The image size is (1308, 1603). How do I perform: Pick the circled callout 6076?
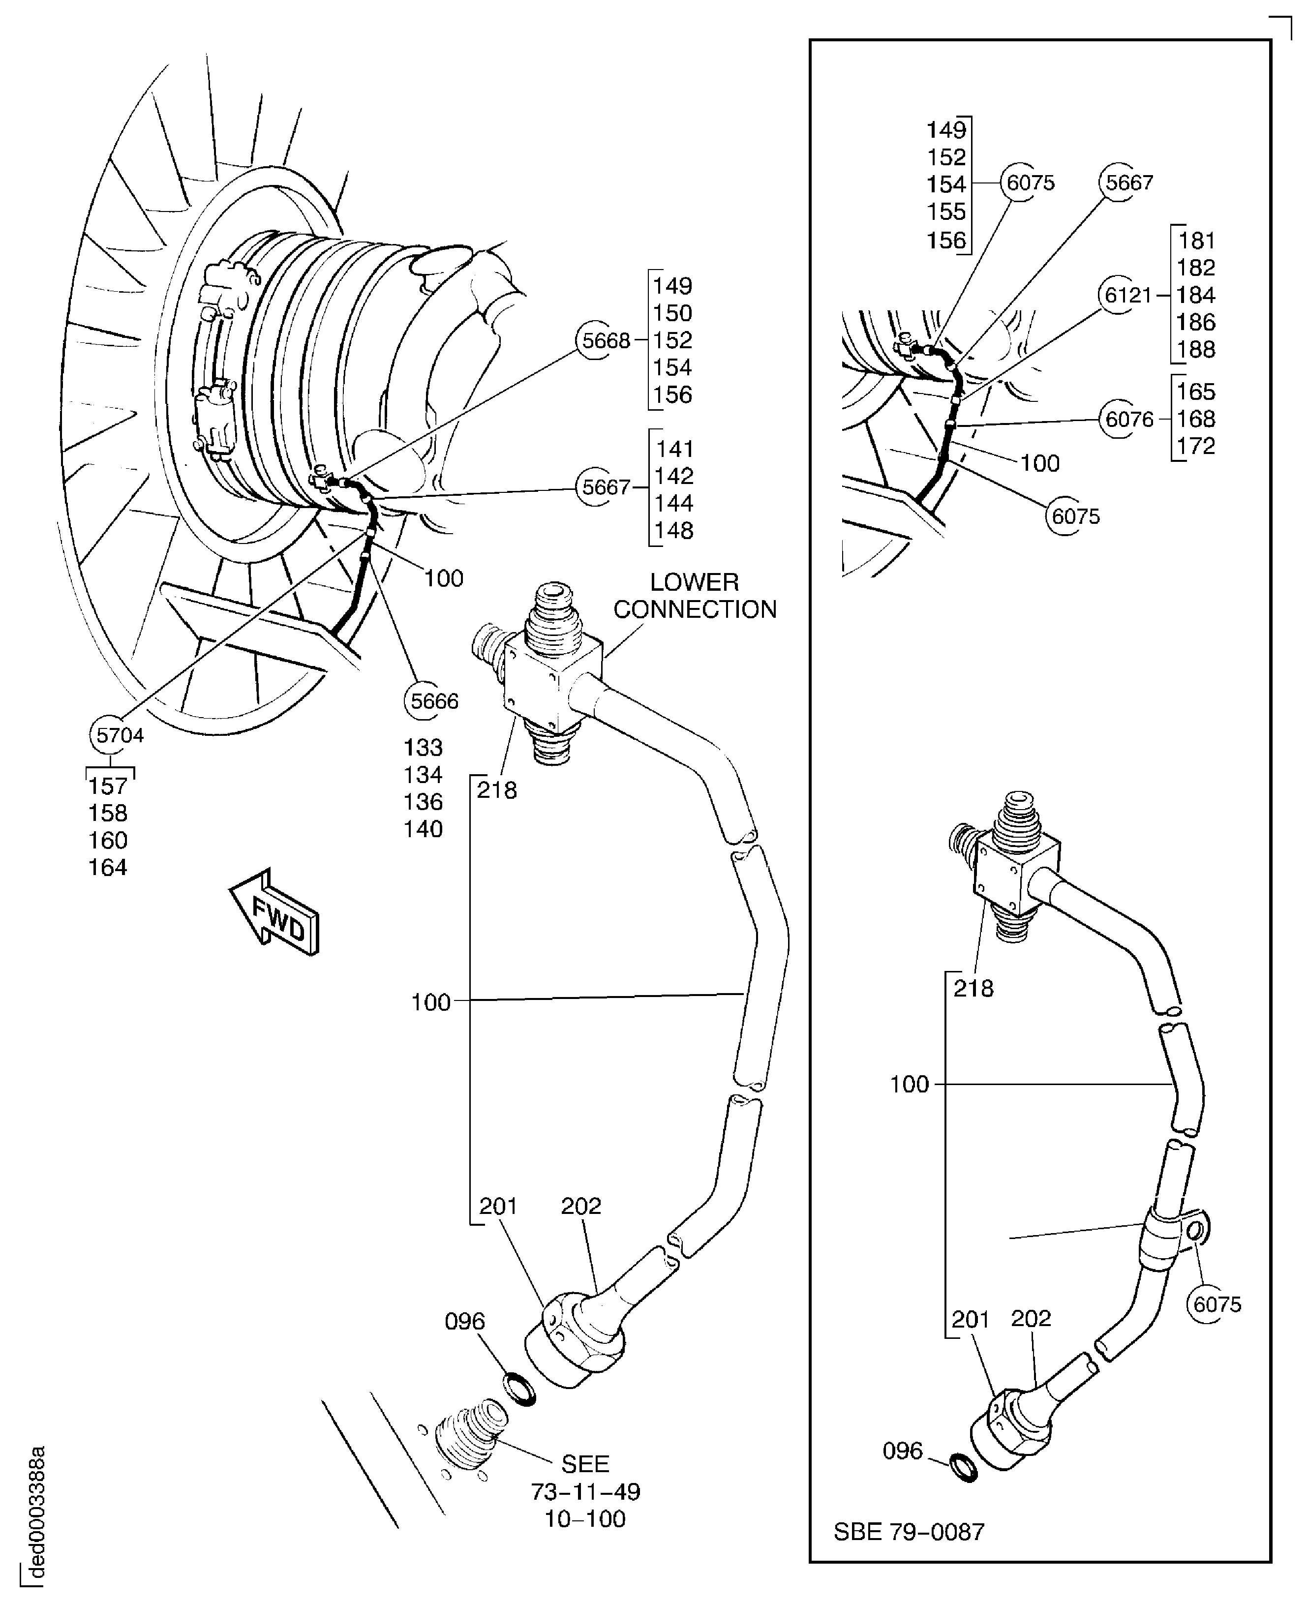pyautogui.click(x=1128, y=419)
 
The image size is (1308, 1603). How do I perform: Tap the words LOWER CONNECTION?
pyautogui.click(x=694, y=596)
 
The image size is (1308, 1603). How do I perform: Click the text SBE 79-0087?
pyautogui.click(x=909, y=1532)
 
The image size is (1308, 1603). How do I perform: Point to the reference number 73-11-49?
pyautogui.click(x=585, y=1491)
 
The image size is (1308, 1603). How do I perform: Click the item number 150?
pyautogui.click(x=672, y=313)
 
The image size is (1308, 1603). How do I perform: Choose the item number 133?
pyautogui.click(x=423, y=747)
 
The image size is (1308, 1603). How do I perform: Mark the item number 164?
pyautogui.click(x=108, y=868)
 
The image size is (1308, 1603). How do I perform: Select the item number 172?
pyautogui.click(x=1196, y=446)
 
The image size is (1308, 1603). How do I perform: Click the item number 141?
pyautogui.click(x=673, y=449)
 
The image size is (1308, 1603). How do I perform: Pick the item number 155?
pyautogui.click(x=945, y=212)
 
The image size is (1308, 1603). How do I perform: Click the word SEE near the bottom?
pyautogui.click(x=585, y=1464)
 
